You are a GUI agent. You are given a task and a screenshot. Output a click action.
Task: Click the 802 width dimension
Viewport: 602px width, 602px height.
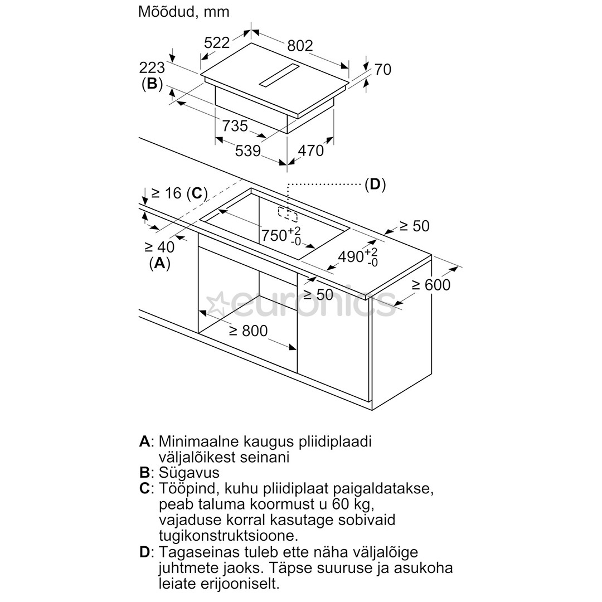(x=300, y=46)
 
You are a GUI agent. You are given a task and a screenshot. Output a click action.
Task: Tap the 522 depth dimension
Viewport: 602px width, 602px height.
(x=217, y=42)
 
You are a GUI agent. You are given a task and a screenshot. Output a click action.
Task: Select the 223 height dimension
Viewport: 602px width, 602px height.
(x=152, y=68)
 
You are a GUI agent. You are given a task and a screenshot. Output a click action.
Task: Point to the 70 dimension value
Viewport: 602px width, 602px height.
(x=383, y=70)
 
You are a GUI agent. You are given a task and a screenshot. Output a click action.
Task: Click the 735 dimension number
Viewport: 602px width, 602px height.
(x=235, y=125)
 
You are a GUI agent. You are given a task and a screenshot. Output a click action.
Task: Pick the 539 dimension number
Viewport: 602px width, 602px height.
(x=248, y=151)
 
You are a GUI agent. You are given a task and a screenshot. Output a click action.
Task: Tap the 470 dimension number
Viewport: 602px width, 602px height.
(x=311, y=150)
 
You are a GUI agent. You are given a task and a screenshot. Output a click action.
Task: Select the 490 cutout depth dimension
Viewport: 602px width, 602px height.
(x=358, y=256)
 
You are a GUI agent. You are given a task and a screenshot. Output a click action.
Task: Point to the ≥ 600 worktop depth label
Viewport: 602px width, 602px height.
(x=431, y=285)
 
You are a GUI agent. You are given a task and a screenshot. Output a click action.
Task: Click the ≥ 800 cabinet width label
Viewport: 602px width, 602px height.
(x=249, y=331)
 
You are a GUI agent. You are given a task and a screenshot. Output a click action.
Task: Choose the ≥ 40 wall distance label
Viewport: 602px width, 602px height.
(x=160, y=247)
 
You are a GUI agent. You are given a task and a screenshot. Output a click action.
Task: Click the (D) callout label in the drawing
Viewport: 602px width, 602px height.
(x=375, y=185)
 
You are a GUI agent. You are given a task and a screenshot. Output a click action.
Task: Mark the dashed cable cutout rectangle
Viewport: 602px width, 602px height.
(x=288, y=215)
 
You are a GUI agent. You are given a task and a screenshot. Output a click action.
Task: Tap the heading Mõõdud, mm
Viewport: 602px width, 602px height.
(x=183, y=12)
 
